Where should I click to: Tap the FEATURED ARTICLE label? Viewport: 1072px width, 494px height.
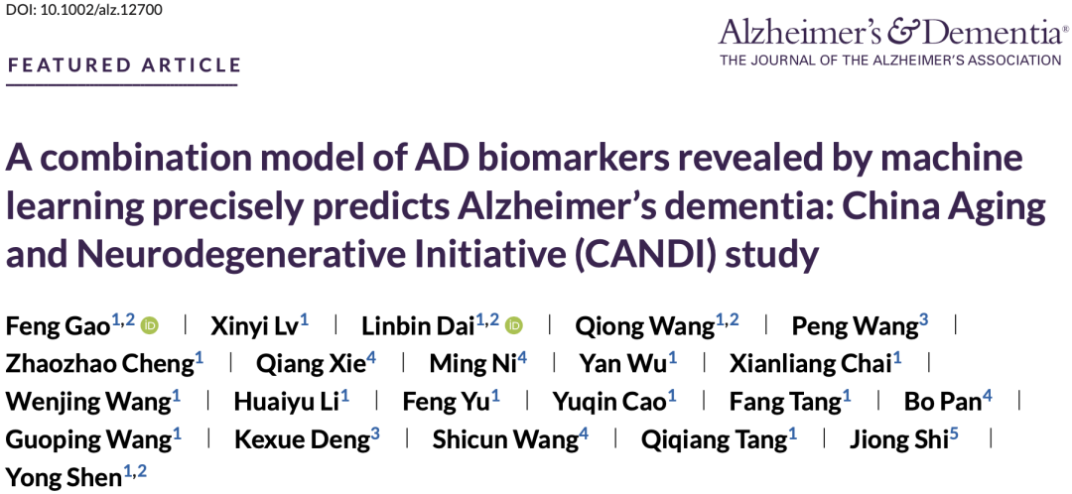(x=124, y=65)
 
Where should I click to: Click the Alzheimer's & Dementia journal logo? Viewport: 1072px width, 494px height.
(x=893, y=32)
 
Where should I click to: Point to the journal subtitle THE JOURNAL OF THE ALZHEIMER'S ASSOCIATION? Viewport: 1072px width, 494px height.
(x=890, y=61)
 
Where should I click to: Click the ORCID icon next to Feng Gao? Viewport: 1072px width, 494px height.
(x=150, y=325)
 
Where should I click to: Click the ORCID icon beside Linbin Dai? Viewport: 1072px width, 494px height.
(x=514, y=325)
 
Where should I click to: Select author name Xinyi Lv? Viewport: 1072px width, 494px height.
(x=254, y=326)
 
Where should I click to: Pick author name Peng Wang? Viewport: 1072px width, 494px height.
(x=855, y=326)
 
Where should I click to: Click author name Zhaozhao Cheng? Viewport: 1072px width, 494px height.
(x=100, y=363)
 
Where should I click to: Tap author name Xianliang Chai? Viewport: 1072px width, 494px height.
(x=811, y=363)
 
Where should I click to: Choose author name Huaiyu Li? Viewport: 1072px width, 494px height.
(x=287, y=401)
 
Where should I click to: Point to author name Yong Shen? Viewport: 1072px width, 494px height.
(x=64, y=476)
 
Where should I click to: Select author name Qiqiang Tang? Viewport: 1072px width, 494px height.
(x=715, y=438)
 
